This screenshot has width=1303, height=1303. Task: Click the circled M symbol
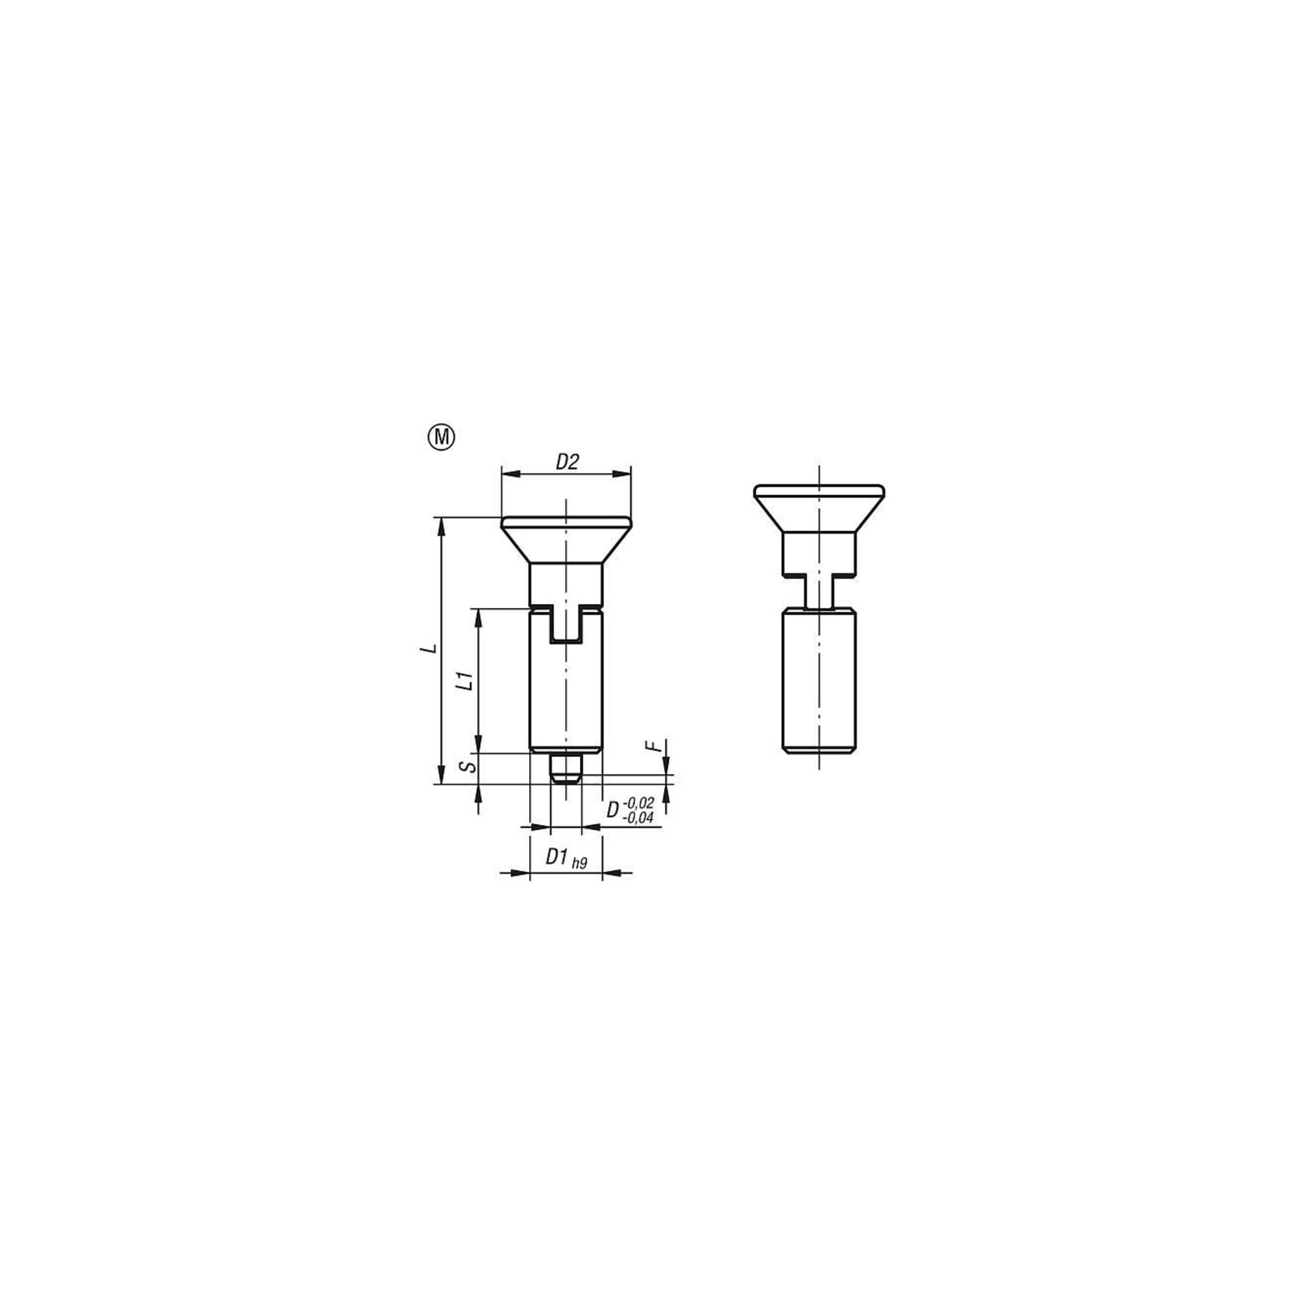click(x=442, y=438)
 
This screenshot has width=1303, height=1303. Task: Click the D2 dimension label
click(x=567, y=463)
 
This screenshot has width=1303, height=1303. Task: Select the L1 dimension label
click(x=464, y=681)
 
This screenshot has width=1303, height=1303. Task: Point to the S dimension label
click(x=464, y=767)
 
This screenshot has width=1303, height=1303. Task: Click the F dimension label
click(x=651, y=746)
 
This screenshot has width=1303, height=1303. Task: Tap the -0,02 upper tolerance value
click(x=638, y=803)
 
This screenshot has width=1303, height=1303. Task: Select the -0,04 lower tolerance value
click(x=637, y=818)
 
